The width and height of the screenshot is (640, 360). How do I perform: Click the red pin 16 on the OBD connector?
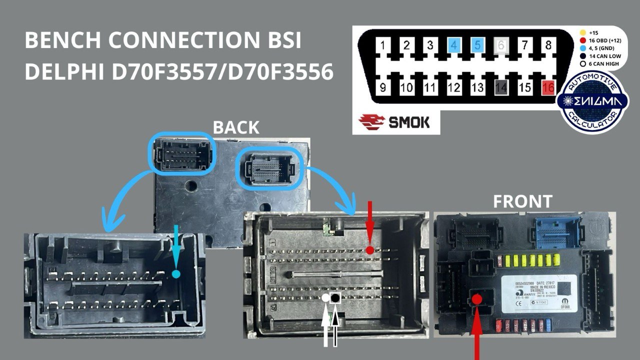click(x=548, y=88)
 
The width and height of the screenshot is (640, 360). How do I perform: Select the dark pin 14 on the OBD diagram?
click(x=501, y=88)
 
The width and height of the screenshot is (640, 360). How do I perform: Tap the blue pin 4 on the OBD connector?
click(x=454, y=46)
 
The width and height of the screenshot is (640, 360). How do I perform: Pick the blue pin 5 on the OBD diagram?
click(x=477, y=46)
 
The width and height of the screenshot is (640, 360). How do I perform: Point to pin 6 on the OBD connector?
click(x=501, y=46)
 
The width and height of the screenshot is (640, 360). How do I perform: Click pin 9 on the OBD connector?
click(x=383, y=88)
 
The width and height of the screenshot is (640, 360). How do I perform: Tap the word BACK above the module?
click(x=236, y=127)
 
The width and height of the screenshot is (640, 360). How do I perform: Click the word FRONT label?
click(x=522, y=201)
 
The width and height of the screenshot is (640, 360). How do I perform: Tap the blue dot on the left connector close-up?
click(x=175, y=273)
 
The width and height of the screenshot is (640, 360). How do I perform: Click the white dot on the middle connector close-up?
click(x=325, y=298)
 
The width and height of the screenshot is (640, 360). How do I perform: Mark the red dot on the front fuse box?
click(x=477, y=299)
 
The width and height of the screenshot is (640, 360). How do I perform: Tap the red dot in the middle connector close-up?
click(x=369, y=249)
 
